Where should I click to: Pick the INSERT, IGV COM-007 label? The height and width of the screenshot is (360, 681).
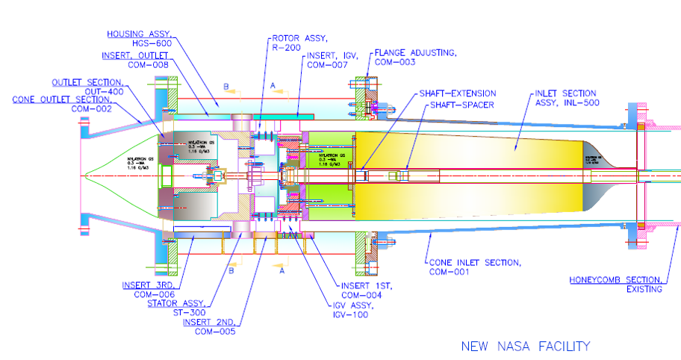pos(329,60)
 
